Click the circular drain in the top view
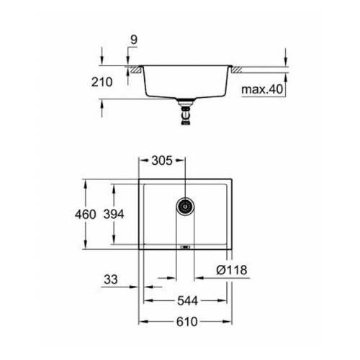click(x=185, y=206)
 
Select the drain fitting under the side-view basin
click(x=185, y=114)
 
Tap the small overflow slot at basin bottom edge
click(x=185, y=247)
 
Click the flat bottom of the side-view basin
click(x=185, y=99)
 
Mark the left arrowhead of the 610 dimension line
click(x=142, y=321)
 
